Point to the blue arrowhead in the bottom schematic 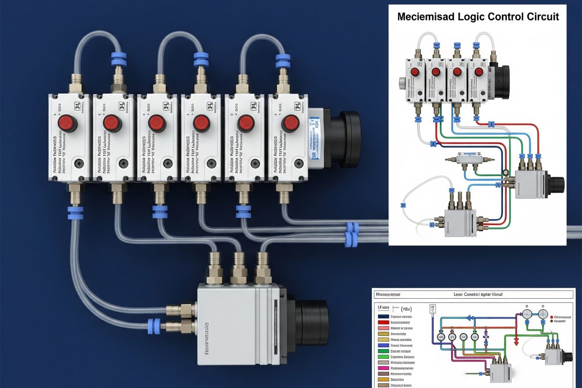coord(470,318)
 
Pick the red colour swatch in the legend coord(383,322)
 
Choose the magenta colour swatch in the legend coord(383,369)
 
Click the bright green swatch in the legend coord(383,356)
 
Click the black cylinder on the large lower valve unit coord(310,323)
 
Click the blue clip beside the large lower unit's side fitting coord(154,325)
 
